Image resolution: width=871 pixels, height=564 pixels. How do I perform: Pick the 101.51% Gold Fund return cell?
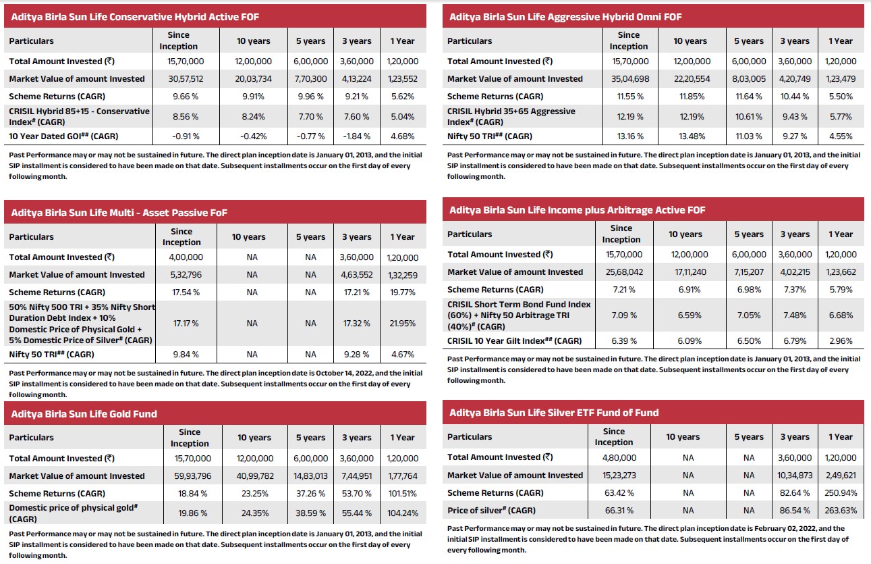[402, 493]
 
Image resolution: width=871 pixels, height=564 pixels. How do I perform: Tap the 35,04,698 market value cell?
[628, 78]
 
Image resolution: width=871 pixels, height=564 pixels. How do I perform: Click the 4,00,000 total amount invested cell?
[181, 257]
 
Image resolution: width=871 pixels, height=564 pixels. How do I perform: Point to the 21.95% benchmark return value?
[402, 323]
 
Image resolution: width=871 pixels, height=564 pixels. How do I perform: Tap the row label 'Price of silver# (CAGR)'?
[497, 510]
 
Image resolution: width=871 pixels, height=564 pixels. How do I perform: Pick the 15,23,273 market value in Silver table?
[613, 475]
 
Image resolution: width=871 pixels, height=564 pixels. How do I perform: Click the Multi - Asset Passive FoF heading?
[119, 212]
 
